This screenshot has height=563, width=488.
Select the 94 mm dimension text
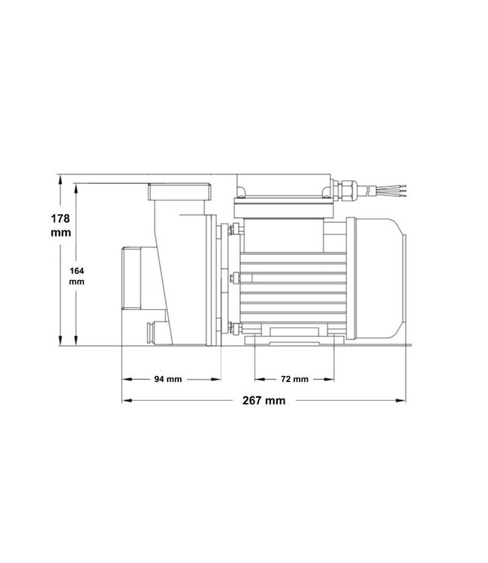pyautogui.click(x=168, y=379)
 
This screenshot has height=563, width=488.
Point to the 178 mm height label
pyautogui.click(x=60, y=225)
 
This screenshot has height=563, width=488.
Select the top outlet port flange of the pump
pyautogui.click(x=180, y=192)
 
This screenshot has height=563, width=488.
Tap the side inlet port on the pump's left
pyautogui.click(x=129, y=278)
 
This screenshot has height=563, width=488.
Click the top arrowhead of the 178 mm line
pyautogui.click(x=60, y=179)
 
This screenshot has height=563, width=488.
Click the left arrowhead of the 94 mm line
pyautogui.click(x=125, y=379)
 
